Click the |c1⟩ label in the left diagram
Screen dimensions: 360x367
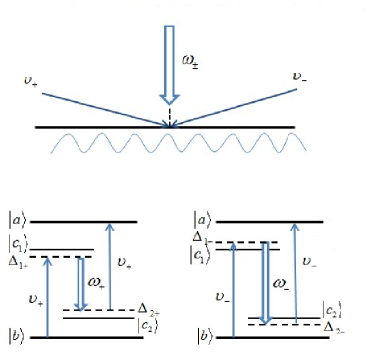[x=20, y=243]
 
